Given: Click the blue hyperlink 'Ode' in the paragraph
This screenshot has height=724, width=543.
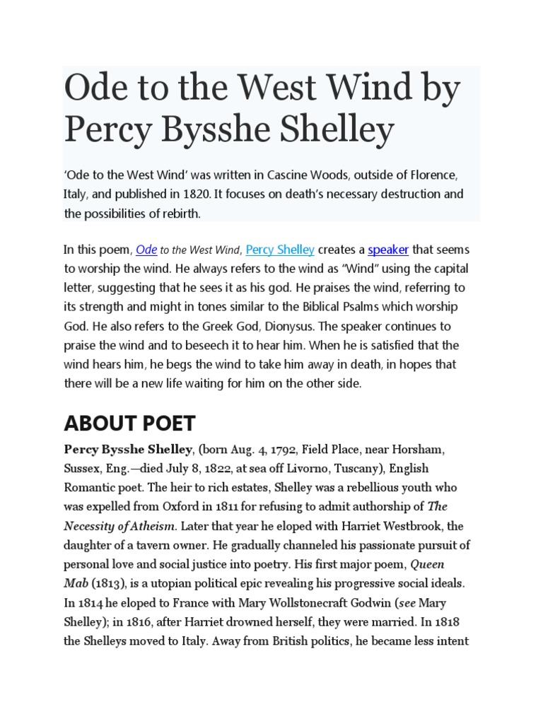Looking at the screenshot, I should pos(146,250).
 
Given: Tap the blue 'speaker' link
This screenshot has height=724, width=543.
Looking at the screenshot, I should pos(387,250).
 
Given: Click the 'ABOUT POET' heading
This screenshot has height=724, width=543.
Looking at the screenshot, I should pos(129,423).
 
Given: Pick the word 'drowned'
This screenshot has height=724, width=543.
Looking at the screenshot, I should pos(267,621).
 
